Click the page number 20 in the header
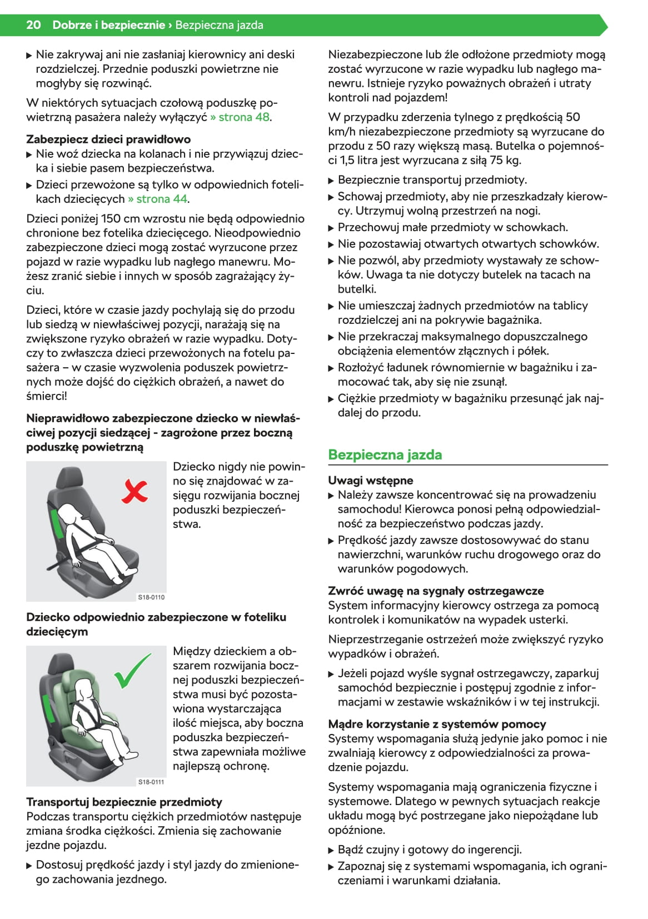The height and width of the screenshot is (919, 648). [33, 25]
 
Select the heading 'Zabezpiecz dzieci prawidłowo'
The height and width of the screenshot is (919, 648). [108, 139]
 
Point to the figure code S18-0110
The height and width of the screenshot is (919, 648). [151, 597]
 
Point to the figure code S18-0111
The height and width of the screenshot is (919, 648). [151, 782]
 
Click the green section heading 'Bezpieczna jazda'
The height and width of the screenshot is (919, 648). [385, 454]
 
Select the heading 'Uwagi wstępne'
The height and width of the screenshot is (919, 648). [370, 480]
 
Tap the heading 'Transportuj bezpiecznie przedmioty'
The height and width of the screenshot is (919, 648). [124, 802]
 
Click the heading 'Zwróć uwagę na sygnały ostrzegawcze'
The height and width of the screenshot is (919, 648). [436, 591]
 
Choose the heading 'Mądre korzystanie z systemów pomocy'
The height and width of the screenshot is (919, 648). [437, 724]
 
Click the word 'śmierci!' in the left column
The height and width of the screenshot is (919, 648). [47, 396]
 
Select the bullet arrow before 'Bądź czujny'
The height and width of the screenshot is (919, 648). [331, 850]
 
